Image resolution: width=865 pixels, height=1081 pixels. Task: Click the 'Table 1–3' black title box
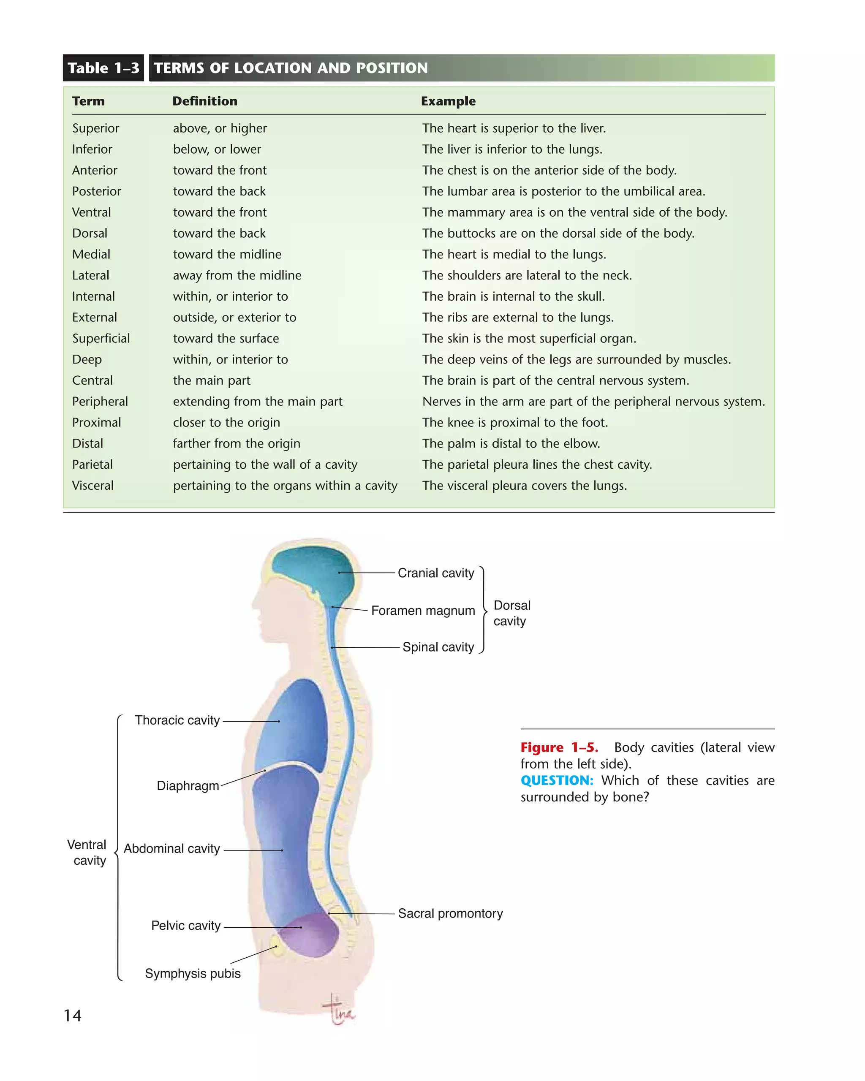point(103,68)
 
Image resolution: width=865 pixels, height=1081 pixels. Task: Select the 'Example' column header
point(448,101)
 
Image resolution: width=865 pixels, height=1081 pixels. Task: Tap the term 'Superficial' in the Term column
point(101,338)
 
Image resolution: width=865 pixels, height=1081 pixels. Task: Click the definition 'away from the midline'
point(237,275)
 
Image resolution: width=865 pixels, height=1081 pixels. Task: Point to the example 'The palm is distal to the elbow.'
point(511,444)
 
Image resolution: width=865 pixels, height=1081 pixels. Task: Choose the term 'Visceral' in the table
point(93,486)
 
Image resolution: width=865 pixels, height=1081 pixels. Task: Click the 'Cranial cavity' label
point(435,573)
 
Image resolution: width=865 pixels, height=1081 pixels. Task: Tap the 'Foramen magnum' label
point(423,611)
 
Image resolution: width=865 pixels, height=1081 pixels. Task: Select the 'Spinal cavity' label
point(438,647)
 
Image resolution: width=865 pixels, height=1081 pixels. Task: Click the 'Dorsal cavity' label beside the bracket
point(511,613)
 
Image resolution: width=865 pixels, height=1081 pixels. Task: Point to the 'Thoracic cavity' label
point(177,720)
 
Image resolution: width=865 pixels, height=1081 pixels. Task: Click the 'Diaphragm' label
point(188,786)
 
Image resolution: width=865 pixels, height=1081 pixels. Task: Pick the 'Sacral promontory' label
point(450,913)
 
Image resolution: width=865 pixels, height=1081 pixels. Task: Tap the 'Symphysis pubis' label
point(193,974)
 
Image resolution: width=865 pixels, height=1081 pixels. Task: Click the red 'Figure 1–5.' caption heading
point(559,747)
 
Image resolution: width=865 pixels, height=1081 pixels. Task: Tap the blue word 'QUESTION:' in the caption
point(557,781)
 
